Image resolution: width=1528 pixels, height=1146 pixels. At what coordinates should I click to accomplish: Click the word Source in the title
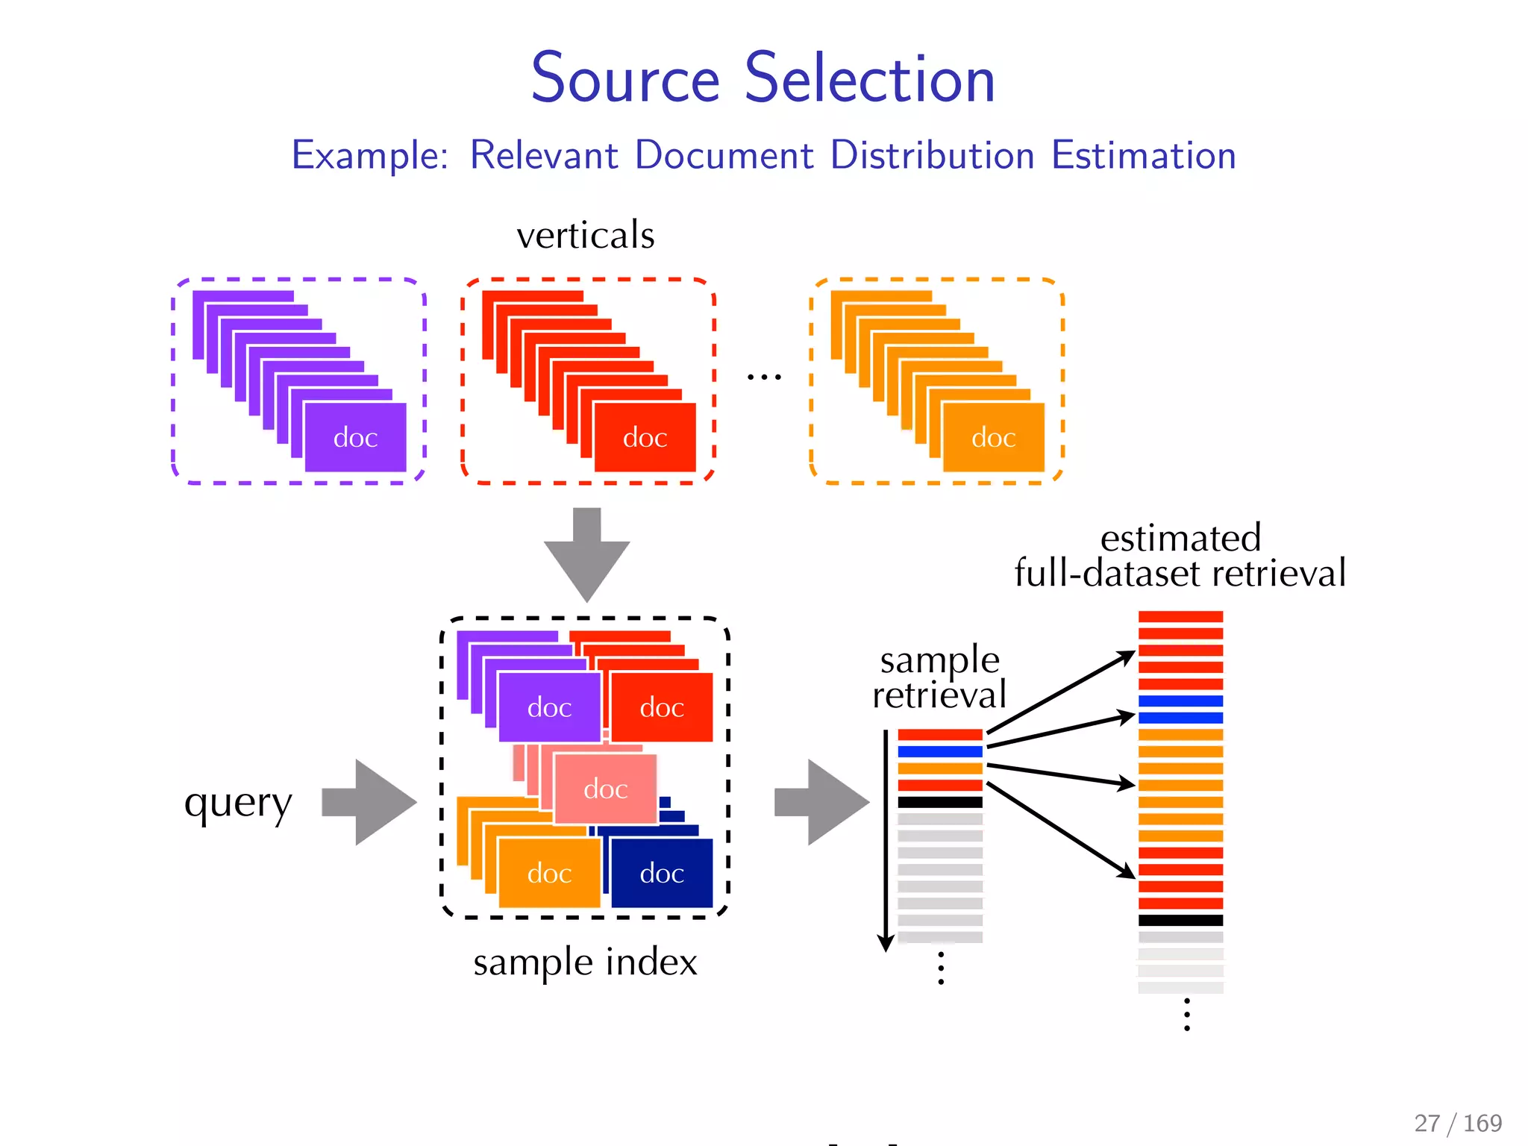(x=625, y=79)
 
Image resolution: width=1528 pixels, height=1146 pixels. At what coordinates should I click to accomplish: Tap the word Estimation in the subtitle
(x=1143, y=155)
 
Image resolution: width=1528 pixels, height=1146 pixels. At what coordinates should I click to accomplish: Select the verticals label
(x=586, y=235)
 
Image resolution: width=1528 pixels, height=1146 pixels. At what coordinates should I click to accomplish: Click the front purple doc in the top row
(x=355, y=437)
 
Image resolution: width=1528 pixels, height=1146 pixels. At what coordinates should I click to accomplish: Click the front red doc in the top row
(x=645, y=437)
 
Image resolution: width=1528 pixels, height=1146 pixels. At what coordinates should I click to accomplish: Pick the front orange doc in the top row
(x=993, y=437)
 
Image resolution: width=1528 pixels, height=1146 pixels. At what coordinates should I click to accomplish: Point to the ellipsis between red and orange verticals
(x=764, y=378)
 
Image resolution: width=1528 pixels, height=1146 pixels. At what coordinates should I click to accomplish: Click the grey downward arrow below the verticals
(x=587, y=556)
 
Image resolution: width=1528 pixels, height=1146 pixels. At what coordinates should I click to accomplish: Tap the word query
(x=238, y=804)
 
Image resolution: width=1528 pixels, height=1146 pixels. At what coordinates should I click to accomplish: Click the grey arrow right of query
(x=370, y=803)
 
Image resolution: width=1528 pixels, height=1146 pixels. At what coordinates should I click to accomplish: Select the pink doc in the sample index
(x=606, y=789)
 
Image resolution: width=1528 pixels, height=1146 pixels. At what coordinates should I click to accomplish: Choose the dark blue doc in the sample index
(x=662, y=873)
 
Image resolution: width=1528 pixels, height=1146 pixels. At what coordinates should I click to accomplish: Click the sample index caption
(x=585, y=962)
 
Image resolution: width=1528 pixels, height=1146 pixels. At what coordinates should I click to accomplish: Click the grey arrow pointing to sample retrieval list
(x=822, y=803)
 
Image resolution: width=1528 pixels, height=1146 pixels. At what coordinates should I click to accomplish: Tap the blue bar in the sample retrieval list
(x=940, y=752)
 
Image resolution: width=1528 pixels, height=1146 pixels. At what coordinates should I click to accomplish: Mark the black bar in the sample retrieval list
(x=940, y=803)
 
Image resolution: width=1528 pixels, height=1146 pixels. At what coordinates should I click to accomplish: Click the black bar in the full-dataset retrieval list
(x=1180, y=921)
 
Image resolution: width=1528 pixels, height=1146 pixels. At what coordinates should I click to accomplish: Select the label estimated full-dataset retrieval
(x=1180, y=557)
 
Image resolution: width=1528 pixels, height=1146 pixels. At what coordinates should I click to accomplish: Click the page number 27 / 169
(x=1457, y=1123)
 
